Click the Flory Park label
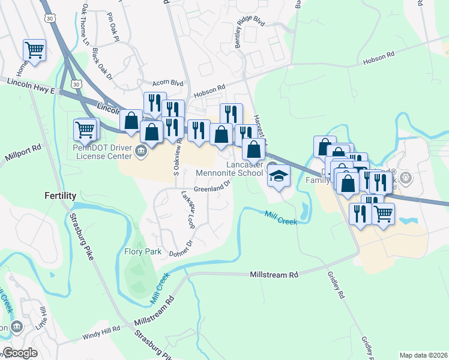tap(142, 252)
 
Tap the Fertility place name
tap(61, 196)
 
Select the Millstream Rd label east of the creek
tap(274, 275)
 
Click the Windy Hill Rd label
tap(101, 329)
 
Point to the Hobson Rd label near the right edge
tap(378, 58)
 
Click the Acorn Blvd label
tap(167, 83)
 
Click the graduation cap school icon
tap(279, 176)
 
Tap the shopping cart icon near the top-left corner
tap(35, 50)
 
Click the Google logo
tap(20, 353)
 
